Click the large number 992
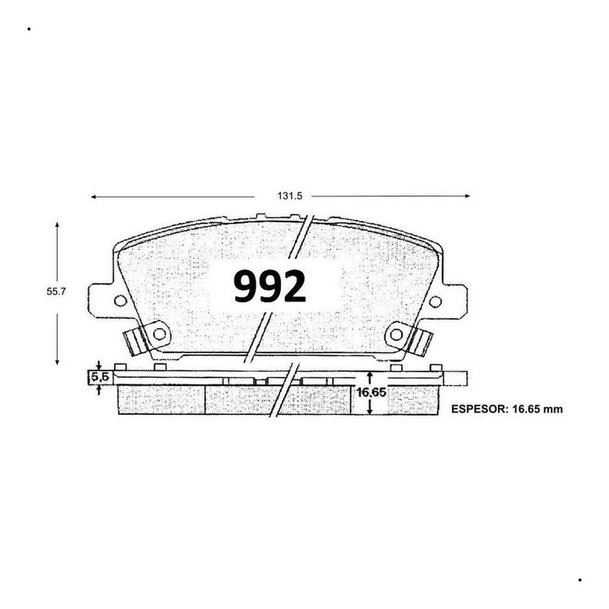click(x=269, y=286)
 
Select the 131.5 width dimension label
click(x=290, y=196)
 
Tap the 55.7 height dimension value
click(x=56, y=292)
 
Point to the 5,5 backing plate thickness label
click(x=100, y=377)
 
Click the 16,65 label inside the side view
click(x=371, y=392)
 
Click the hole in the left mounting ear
click(x=120, y=300)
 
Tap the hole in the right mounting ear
click(x=435, y=301)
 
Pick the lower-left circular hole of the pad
click(x=159, y=334)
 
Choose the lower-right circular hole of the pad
click(x=396, y=334)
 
